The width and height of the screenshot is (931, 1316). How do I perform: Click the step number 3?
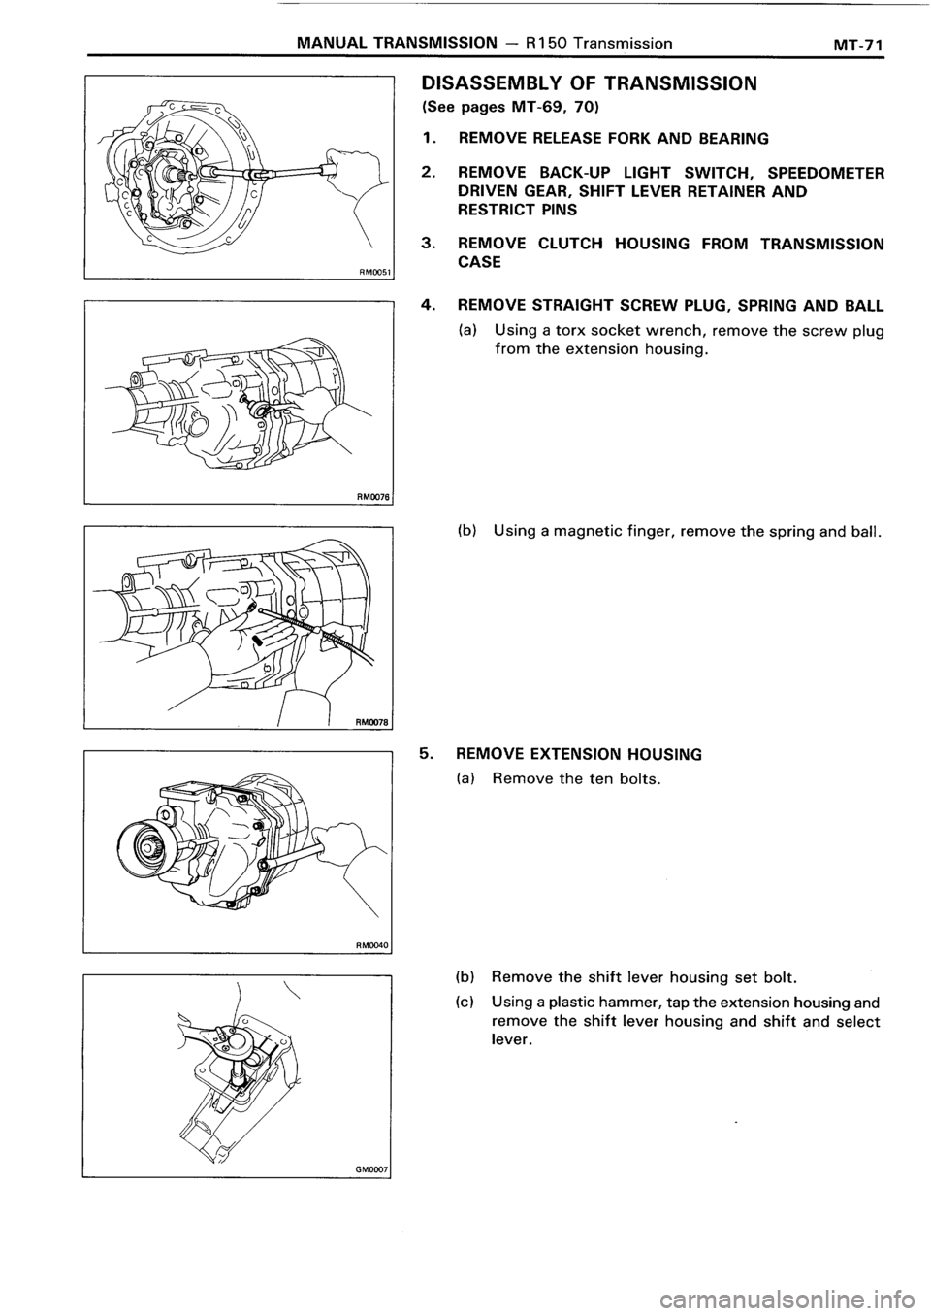[x=427, y=245]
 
